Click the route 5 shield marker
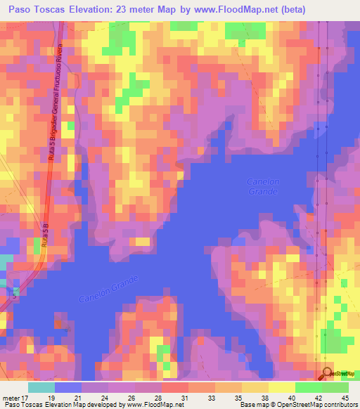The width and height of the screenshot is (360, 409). (x=14, y=296)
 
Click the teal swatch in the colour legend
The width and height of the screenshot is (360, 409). (x=41, y=387)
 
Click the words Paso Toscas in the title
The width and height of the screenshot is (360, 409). (x=34, y=10)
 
